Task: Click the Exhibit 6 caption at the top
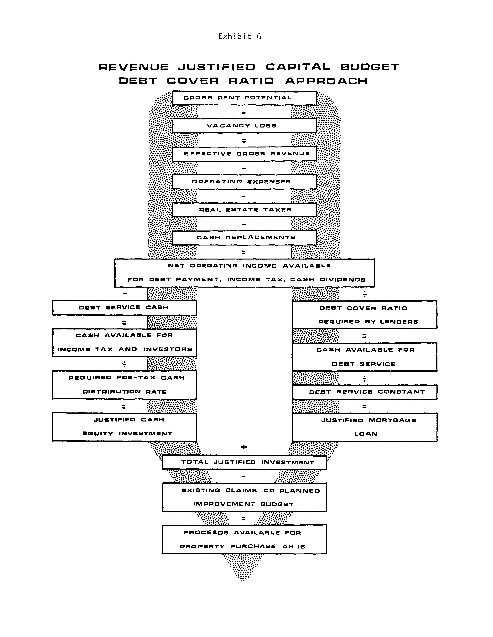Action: pos(240,36)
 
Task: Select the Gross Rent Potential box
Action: pos(244,98)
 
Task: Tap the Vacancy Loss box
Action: pos(244,126)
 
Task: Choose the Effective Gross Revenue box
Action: pos(244,154)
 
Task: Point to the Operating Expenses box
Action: pos(244,182)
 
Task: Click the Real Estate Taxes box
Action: pos(244,210)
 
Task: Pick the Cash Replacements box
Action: pos(244,237)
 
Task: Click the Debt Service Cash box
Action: pos(124,308)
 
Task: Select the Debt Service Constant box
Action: pos(364,392)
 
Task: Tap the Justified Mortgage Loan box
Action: pos(364,427)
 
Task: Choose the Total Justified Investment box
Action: pos(244,462)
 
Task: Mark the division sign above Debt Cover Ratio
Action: pos(364,294)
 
